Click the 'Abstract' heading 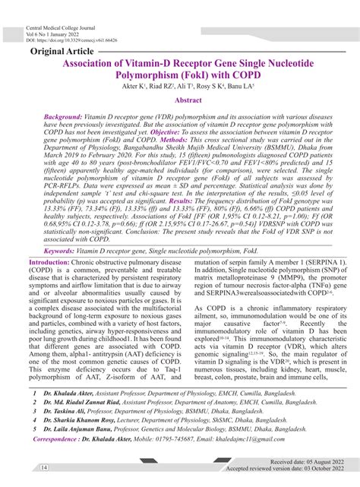pyautogui.click(x=188, y=100)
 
